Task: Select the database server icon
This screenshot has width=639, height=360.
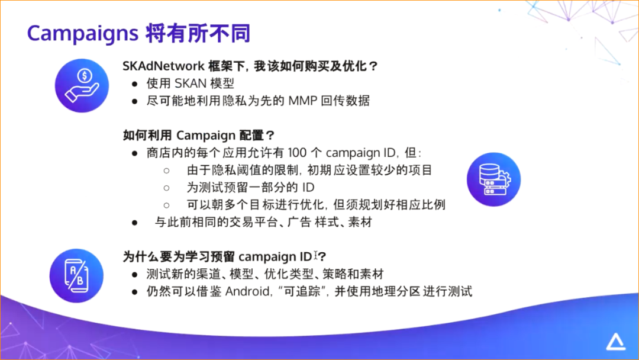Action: [x=493, y=179]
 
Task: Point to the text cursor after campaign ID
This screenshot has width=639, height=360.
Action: [x=316, y=255]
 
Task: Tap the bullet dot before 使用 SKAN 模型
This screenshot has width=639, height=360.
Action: [x=135, y=84]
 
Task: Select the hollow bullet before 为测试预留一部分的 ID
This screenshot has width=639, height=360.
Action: [x=167, y=188]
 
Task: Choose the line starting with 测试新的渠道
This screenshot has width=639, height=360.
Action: [x=264, y=274]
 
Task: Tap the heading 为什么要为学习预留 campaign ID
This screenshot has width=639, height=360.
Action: [x=217, y=257]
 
